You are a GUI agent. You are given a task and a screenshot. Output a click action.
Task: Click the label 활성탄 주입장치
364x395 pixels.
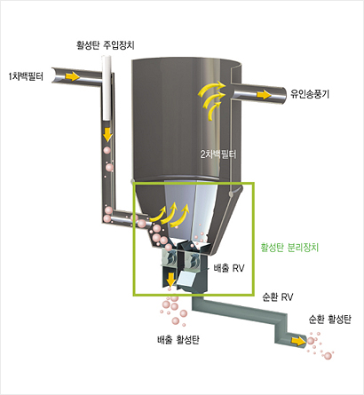pos(106,45)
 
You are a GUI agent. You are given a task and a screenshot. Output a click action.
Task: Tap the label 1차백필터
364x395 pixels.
pos(27,76)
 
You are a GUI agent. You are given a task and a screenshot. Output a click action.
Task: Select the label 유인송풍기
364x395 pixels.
pos(310,94)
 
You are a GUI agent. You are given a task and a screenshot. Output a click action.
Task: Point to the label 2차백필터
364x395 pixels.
pos(218,154)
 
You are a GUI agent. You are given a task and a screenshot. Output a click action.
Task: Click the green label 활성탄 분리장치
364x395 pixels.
pos(289,247)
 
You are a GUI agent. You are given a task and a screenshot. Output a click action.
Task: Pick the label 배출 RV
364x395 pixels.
pos(229,268)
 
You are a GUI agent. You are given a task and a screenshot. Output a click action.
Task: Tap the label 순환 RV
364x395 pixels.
pos(278,296)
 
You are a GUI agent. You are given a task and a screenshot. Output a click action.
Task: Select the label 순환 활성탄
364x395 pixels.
pos(330,320)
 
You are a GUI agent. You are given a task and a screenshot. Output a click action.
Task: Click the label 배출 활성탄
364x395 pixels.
pos(178,340)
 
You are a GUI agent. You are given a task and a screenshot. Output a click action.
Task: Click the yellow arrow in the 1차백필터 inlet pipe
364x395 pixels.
pos(73,76)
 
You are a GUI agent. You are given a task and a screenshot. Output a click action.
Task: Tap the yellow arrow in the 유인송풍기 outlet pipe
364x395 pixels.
pos(264,95)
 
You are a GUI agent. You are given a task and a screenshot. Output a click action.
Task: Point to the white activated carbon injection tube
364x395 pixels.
pos(107,88)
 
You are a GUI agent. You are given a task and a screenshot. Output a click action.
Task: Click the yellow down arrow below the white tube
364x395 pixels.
pos(107,135)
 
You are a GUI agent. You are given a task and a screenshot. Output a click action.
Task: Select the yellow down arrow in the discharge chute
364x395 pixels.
pos(170,280)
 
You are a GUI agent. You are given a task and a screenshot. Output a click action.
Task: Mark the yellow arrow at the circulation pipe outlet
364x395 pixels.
pos(297,341)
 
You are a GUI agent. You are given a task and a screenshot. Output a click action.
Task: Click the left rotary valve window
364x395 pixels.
pos(170,258)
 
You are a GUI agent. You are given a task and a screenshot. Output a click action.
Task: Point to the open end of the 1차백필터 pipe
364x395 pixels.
pos(55,75)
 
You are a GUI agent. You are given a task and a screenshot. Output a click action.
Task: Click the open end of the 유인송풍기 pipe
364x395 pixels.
pos(283,97)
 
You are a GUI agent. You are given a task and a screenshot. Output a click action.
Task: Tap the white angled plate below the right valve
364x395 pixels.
pos(186,279)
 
